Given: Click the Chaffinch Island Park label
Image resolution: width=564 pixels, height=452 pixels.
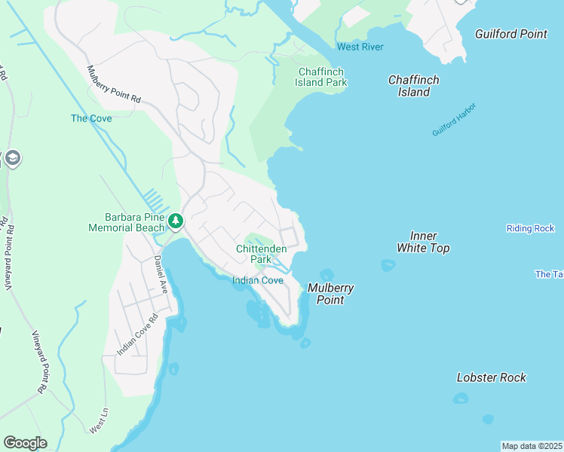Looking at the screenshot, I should click(320, 76).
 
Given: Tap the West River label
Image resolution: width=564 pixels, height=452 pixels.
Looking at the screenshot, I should click(360, 47).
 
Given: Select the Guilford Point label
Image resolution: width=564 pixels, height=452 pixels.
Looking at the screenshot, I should click(510, 34).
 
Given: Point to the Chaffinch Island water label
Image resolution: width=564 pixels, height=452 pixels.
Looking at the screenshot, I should click(413, 86).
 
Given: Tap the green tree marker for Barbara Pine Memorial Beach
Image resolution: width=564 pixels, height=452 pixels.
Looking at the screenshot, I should click(175, 221).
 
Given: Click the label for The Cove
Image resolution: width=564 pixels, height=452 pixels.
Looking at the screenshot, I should click(91, 118).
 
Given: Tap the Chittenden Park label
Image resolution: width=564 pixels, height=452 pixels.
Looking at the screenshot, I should click(261, 253).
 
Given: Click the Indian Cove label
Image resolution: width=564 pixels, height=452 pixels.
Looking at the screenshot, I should click(257, 280).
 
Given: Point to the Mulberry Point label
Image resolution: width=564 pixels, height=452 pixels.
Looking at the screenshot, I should click(330, 294).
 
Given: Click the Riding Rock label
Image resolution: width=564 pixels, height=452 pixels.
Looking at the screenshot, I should click(530, 228).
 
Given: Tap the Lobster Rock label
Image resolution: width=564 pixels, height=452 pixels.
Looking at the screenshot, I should click(492, 377).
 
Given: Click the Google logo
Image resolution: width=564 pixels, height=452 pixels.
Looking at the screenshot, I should click(25, 443).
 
